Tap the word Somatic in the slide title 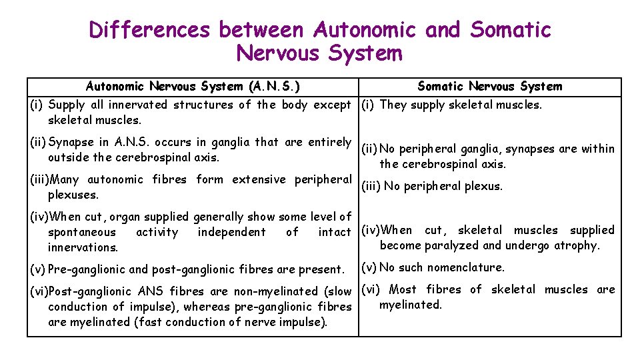coord(511,30)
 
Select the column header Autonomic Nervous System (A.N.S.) coord(193,86)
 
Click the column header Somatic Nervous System coord(489,86)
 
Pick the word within coord(598,149)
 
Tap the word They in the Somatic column coord(393,105)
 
